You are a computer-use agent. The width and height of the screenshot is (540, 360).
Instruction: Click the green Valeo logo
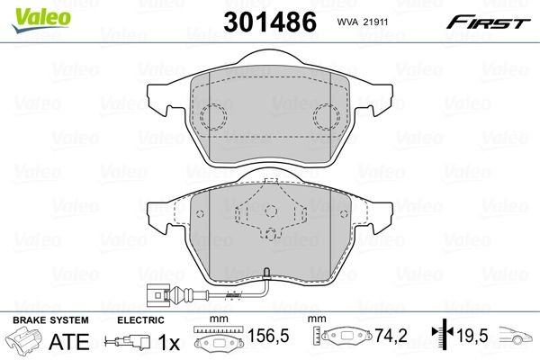(41, 19)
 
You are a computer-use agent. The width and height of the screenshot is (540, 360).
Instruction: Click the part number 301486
(270, 22)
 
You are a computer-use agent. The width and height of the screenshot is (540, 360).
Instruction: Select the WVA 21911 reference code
(363, 22)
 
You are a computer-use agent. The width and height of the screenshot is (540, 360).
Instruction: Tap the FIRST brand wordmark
(489, 22)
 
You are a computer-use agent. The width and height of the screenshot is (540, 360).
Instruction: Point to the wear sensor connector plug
(157, 295)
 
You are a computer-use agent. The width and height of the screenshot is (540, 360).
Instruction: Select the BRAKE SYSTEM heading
(50, 320)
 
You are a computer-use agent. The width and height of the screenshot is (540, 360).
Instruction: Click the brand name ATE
(69, 341)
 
